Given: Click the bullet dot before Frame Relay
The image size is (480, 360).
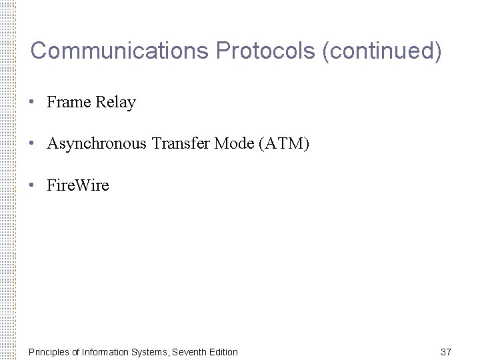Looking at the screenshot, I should pyautogui.click(x=31, y=103).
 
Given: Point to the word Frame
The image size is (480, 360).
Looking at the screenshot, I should pyautogui.click(x=69, y=103).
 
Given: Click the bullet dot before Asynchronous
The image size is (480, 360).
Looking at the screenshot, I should pyautogui.click(x=31, y=143).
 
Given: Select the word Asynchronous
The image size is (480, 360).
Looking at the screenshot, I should pyautogui.click(x=97, y=143).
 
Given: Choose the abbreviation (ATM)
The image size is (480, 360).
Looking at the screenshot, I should pyautogui.click(x=284, y=143).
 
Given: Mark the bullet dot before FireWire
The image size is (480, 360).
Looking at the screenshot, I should pyautogui.click(x=31, y=185).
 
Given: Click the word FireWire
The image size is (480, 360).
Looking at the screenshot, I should pyautogui.click(x=78, y=185).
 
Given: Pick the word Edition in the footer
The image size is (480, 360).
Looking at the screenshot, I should pyautogui.click(x=223, y=351).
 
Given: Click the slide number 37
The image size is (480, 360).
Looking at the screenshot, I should pyautogui.click(x=446, y=351).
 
